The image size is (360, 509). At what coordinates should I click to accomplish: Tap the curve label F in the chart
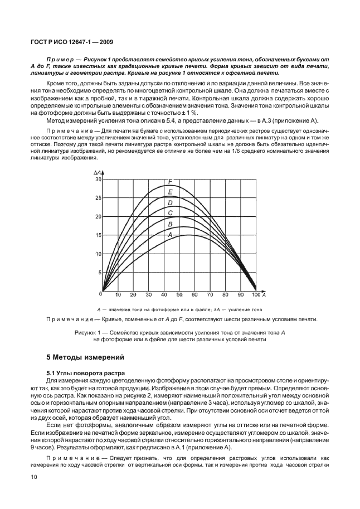pos(170,181)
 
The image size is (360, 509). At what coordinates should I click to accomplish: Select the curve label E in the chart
pos(170,192)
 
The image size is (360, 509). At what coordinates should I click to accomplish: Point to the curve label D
pos(170,203)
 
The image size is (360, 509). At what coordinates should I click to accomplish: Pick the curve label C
pos(170,212)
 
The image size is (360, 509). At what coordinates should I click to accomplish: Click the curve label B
pos(170,224)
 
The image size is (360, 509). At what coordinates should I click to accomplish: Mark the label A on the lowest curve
pos(170,235)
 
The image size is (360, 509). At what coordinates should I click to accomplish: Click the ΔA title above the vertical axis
pos(98,174)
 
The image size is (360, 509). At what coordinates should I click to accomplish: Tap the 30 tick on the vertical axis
pos(99,179)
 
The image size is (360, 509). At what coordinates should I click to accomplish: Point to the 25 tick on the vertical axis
pos(99,198)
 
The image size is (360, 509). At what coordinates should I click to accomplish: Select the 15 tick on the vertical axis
pos(99,235)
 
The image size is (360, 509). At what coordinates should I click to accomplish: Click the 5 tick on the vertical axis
pos(100,273)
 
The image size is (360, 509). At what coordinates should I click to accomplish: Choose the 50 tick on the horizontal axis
pos(179,294)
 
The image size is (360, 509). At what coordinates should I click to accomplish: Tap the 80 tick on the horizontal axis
pos(225,294)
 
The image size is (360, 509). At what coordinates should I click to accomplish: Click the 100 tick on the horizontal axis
pos(255,294)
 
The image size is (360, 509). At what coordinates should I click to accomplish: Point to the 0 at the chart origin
pos(101,293)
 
